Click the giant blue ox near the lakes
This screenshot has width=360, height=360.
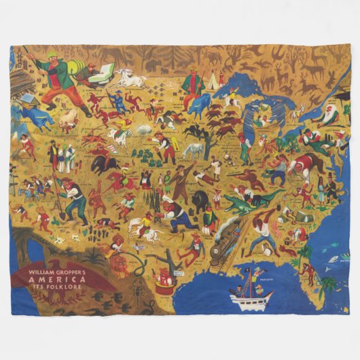pyautogui.click(x=200, y=105)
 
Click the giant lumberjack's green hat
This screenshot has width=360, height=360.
pyautogui.click(x=52, y=54)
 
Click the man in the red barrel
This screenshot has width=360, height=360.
pyautogui.click(x=163, y=282)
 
